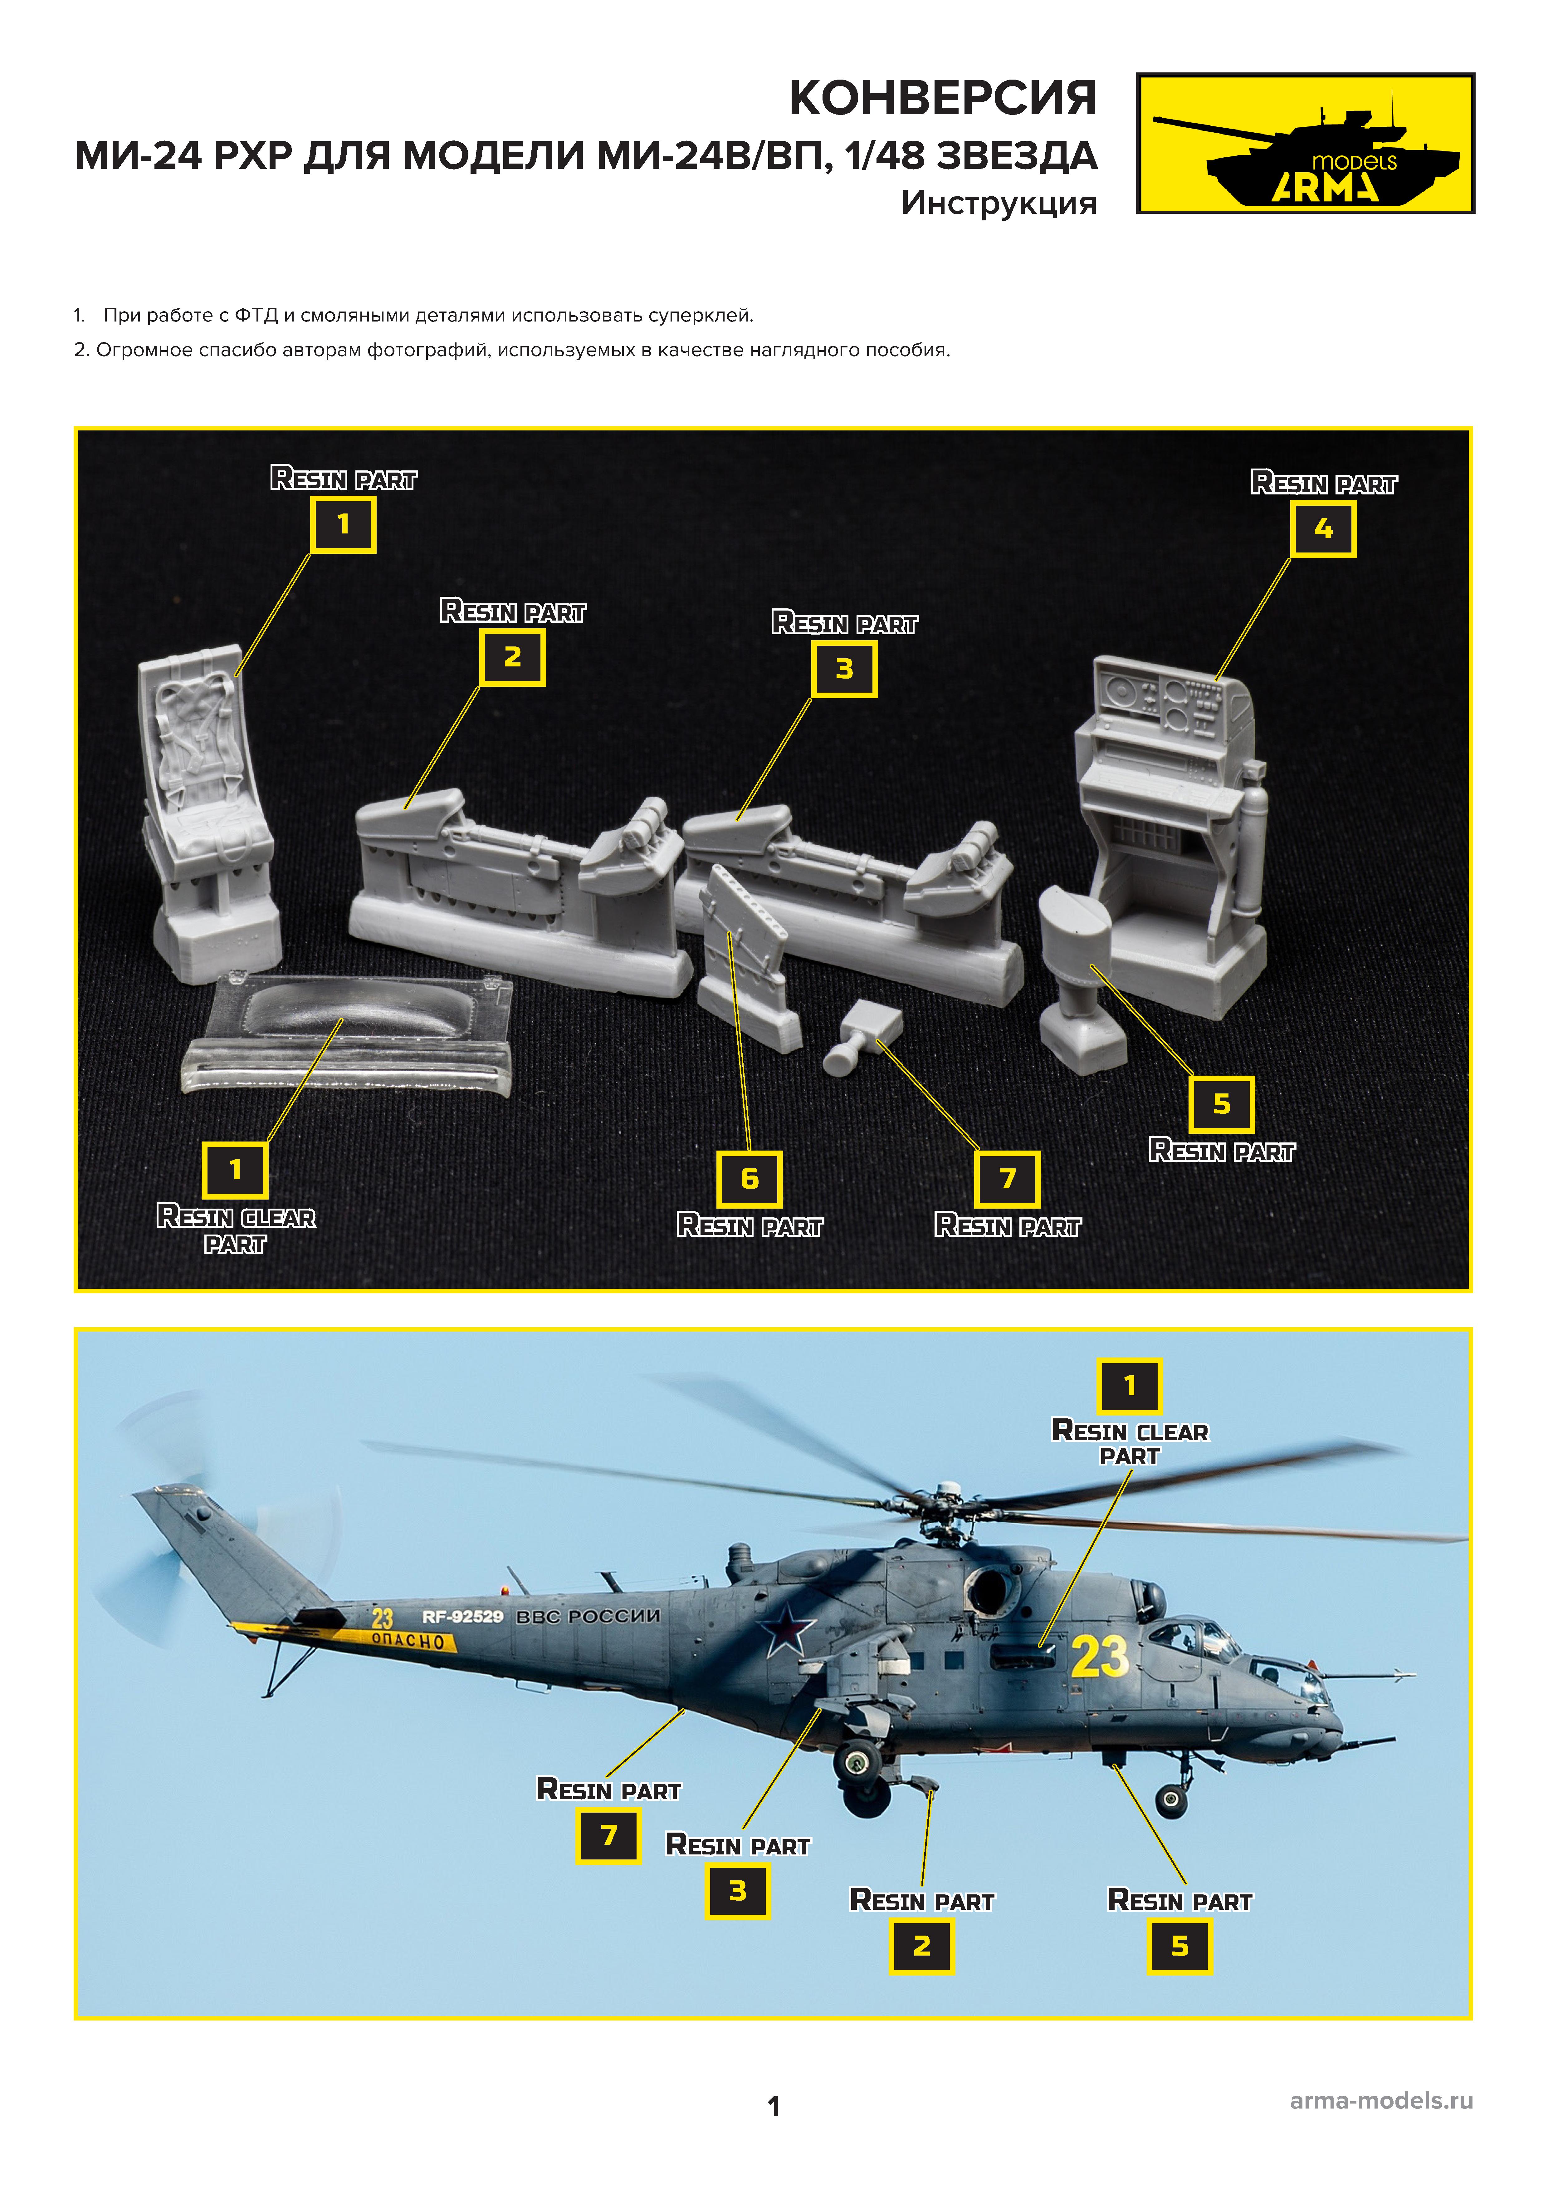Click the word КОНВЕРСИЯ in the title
(x=942, y=98)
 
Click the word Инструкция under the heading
(x=999, y=203)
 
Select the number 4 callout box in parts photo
(x=1323, y=529)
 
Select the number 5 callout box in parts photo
(x=1221, y=1104)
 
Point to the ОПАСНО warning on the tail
(x=408, y=1641)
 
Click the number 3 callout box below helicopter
(x=737, y=1892)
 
